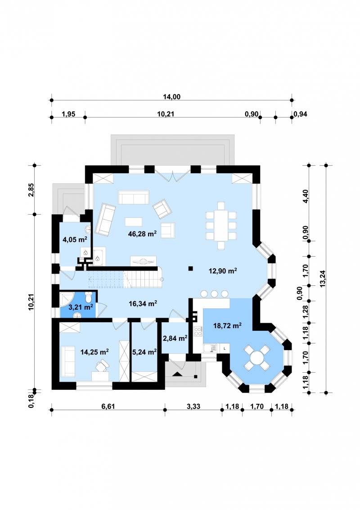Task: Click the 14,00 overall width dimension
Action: [172, 97]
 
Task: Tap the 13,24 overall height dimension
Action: [323, 279]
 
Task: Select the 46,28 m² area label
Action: [143, 234]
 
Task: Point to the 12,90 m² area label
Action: [222, 271]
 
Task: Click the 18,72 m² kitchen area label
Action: [227, 325]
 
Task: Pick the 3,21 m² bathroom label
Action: [81, 307]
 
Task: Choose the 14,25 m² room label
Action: [94, 352]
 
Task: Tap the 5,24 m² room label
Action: [144, 352]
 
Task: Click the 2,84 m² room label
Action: [175, 338]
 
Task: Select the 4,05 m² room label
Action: [75, 240]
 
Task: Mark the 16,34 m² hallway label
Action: [143, 303]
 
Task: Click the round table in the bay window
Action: [257, 358]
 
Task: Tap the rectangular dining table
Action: [221, 226]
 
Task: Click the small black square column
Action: [190, 268]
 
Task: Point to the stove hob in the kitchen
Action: [198, 331]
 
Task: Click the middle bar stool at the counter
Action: [214, 293]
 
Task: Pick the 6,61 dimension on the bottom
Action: [108, 406]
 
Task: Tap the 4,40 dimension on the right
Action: [306, 196]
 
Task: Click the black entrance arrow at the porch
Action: [178, 374]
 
